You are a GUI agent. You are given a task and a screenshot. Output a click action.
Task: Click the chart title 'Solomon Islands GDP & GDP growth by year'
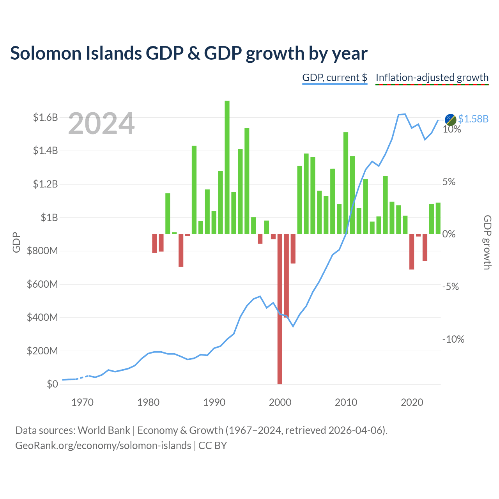coord(189,53)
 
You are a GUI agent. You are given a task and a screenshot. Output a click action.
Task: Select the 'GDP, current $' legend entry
coord(334,78)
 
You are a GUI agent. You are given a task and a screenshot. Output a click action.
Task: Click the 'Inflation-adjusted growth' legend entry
coord(432,78)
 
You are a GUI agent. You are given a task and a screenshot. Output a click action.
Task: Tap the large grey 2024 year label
coord(101,123)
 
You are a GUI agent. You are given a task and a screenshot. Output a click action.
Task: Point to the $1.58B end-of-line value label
coord(473,119)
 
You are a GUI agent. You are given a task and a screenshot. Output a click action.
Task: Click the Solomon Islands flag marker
coord(450,119)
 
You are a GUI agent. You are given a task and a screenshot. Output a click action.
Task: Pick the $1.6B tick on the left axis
coord(45,118)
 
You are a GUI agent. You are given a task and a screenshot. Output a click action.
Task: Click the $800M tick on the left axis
coord(42,251)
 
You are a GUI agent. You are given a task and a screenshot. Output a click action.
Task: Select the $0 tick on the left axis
coord(52,384)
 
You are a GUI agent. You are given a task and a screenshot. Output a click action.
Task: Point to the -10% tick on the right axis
coord(453,339)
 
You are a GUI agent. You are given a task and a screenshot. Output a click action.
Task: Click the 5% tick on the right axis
coord(449,182)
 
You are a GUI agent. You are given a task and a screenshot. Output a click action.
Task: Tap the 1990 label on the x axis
coord(214,402)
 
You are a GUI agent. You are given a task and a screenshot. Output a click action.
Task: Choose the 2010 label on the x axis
coord(346,402)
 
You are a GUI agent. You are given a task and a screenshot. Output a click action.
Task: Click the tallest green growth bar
coord(227,167)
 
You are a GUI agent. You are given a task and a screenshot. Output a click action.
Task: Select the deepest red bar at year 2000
coord(280,309)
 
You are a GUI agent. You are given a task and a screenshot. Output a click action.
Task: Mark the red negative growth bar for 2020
coord(412,252)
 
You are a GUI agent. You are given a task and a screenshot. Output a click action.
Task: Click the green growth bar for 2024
coord(438,218)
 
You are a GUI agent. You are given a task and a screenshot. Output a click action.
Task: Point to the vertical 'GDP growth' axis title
coord(487,242)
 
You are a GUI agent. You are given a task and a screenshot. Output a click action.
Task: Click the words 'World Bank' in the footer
coord(104,430)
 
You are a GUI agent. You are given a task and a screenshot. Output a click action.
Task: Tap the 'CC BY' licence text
coord(212,446)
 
